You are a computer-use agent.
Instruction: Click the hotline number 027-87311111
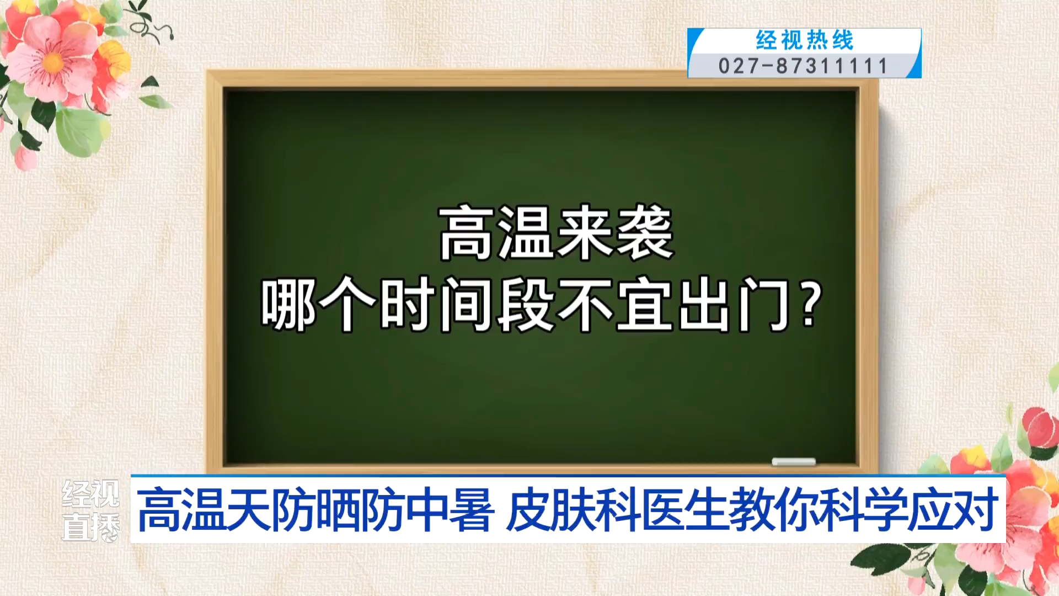(803, 66)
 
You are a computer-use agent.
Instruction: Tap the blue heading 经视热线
(805, 40)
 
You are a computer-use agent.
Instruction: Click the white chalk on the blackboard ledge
(794, 462)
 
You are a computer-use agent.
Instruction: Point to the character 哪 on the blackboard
(288, 304)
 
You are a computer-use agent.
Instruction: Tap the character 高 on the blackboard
(467, 232)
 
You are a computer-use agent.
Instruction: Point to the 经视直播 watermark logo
(90, 510)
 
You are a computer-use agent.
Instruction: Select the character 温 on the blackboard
(526, 232)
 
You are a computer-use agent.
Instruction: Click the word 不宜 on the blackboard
(614, 304)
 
